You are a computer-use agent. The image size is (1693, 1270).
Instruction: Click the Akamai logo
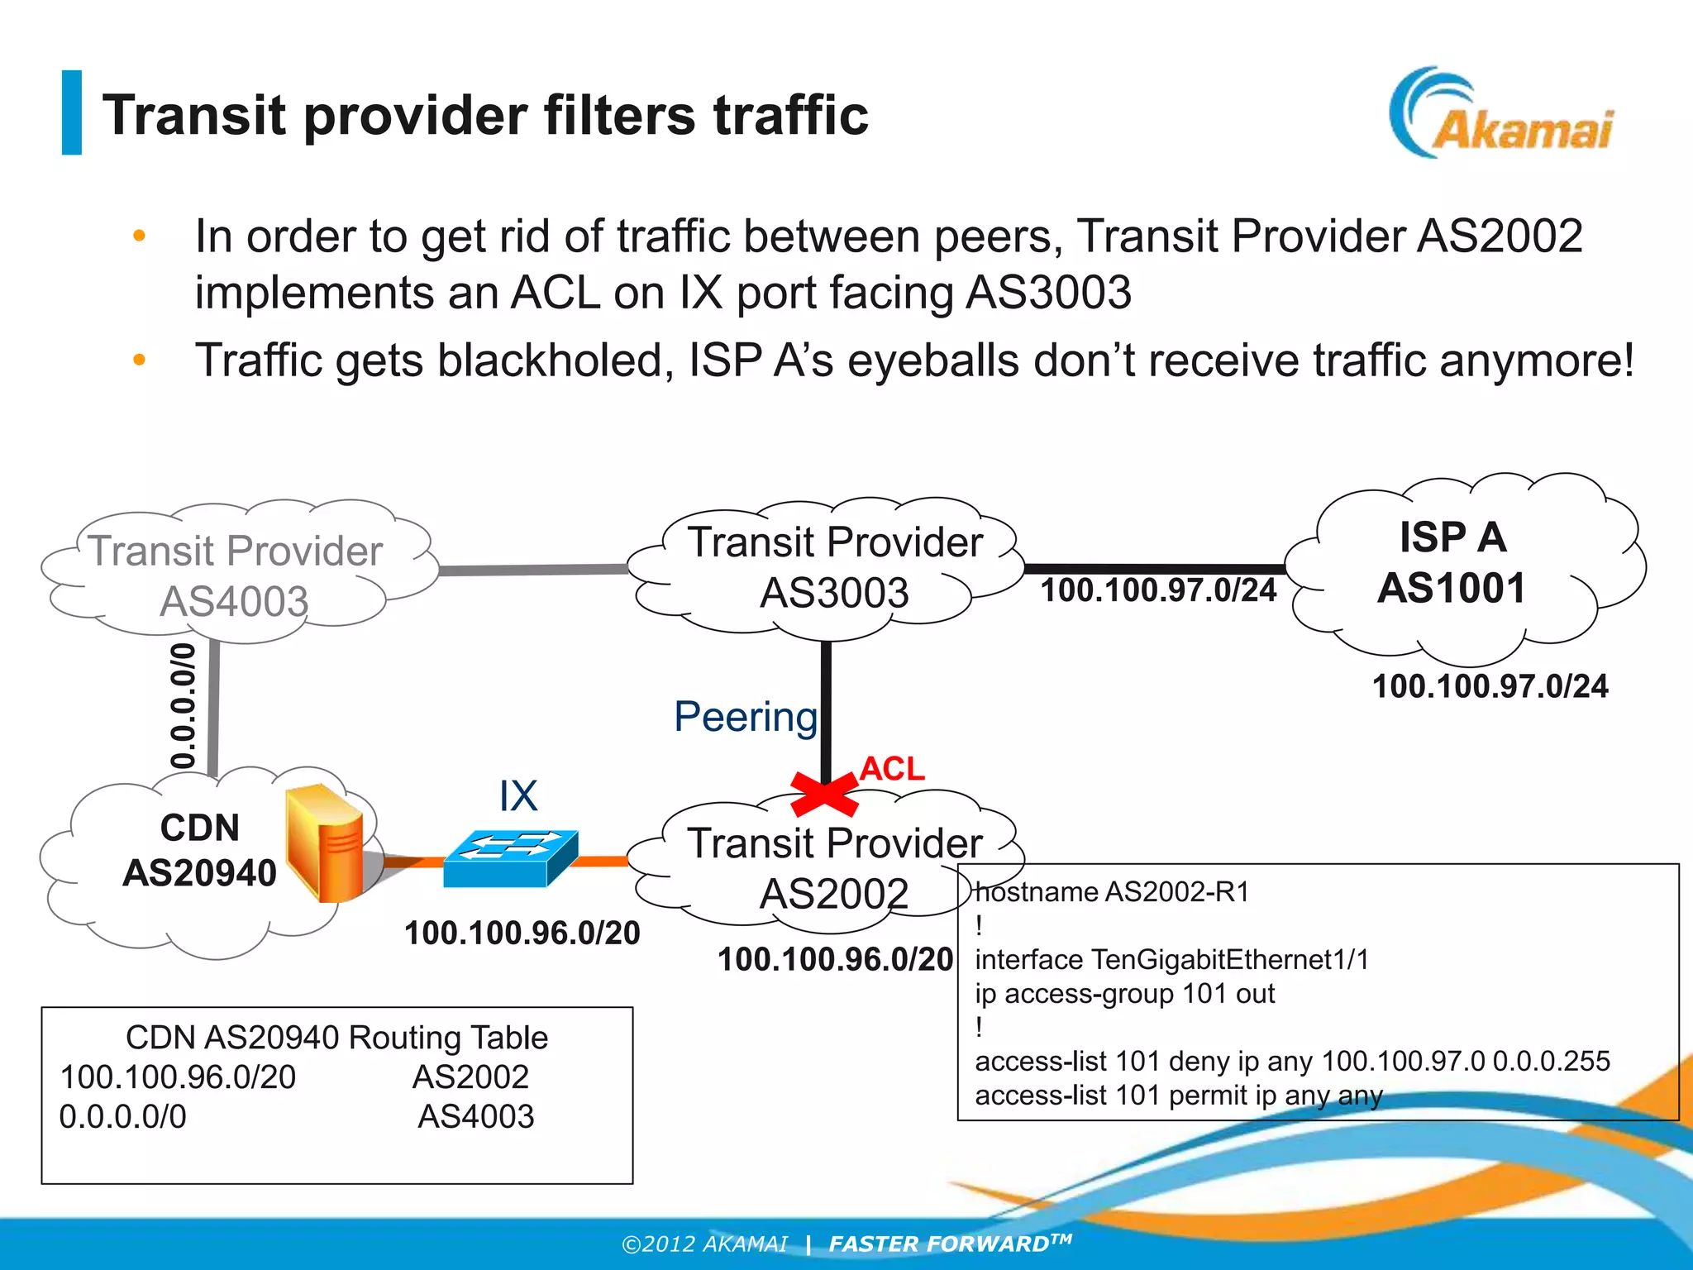1500,116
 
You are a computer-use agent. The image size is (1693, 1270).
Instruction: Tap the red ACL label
891,769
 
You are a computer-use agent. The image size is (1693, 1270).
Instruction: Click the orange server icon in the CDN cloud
324,843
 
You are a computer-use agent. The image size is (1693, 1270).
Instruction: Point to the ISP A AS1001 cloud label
1452,563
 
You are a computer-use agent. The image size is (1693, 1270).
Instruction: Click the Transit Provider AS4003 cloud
236,575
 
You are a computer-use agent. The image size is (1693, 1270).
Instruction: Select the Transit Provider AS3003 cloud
835,567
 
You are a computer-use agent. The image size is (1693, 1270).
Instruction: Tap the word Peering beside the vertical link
745,716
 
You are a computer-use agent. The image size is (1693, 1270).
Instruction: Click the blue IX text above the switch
518,796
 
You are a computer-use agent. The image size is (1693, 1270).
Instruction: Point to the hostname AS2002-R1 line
1112,892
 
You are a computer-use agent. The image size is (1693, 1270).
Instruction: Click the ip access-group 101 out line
1124,993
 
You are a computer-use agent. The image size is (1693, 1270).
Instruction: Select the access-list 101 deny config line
1292,1061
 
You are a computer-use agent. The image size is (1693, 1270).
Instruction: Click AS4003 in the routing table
475,1116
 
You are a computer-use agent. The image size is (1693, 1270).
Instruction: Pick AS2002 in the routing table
470,1077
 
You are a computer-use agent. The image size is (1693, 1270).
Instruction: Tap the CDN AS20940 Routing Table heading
336,1037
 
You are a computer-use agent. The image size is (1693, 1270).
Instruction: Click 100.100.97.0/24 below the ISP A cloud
1490,686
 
